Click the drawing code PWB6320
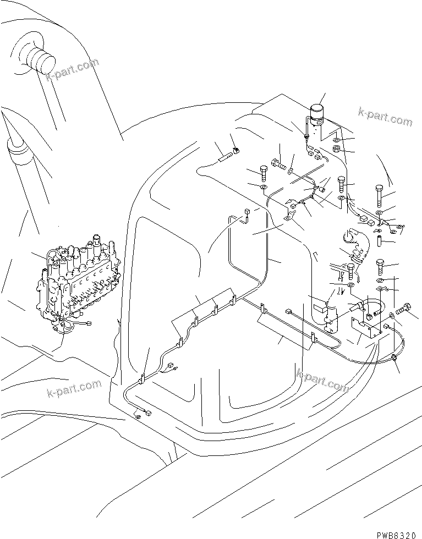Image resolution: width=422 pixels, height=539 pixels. [x=398, y=535]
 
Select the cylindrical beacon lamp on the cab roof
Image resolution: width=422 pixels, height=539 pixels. [x=317, y=114]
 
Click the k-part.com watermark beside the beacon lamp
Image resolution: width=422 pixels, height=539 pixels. [x=385, y=117]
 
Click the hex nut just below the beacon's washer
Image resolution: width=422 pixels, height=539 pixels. [x=336, y=149]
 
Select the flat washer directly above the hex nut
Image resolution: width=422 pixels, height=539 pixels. [x=337, y=140]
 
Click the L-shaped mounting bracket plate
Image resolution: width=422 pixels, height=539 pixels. [x=366, y=327]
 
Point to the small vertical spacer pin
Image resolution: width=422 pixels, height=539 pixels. [x=379, y=240]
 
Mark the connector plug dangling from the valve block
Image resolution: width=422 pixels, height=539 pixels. [x=89, y=323]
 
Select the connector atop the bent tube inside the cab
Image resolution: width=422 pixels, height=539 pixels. [x=246, y=212]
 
